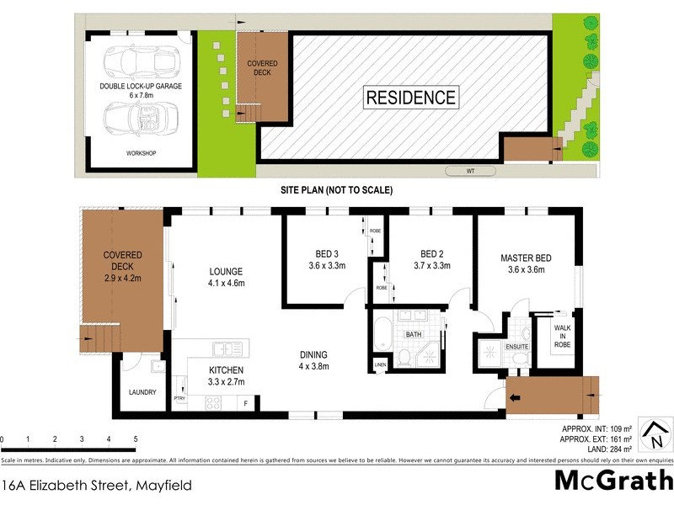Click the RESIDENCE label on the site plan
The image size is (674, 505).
[x=411, y=97]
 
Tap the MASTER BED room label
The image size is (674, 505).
[x=526, y=258]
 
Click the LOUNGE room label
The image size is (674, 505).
[x=227, y=271]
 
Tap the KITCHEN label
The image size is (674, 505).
[x=227, y=370]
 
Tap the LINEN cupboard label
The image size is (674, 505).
[x=380, y=364]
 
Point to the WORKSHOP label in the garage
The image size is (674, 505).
[x=142, y=153]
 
